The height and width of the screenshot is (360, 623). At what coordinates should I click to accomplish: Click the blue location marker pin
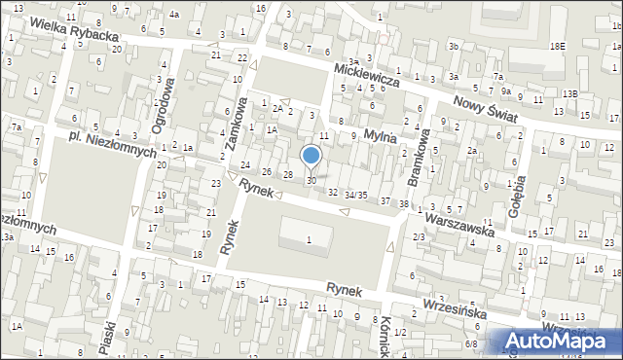(x=311, y=156)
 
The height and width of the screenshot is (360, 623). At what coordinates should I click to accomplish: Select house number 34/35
(x=356, y=196)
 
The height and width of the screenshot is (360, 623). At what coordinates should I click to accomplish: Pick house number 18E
(x=557, y=46)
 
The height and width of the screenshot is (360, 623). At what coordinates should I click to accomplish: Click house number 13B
(x=568, y=93)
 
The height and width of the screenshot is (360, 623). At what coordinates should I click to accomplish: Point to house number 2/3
(x=419, y=236)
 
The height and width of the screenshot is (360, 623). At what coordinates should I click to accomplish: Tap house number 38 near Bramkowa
(x=403, y=203)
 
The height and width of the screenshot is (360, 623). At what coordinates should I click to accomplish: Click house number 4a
(x=173, y=15)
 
